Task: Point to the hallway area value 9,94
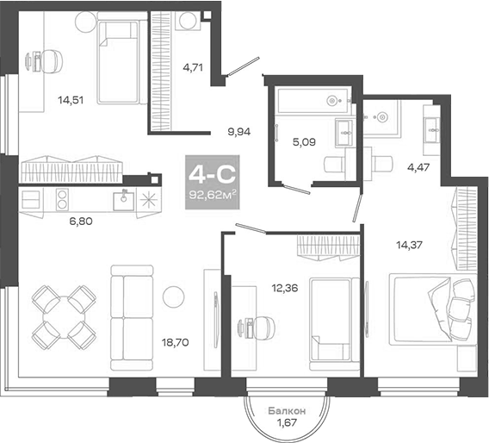coord(240,133)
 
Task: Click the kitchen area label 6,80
coord(83,220)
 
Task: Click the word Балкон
coord(283,411)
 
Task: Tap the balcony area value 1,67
coord(283,423)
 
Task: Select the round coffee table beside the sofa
coord(173,296)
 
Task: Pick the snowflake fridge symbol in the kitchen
coord(149,200)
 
